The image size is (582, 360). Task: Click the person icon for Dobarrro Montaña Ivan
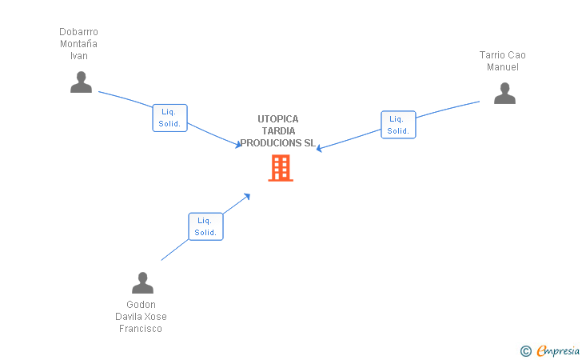pos(81,82)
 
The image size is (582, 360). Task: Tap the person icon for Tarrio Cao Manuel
pos(504,94)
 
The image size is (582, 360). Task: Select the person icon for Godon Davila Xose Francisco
pos(142,283)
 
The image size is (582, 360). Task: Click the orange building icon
pos(280,168)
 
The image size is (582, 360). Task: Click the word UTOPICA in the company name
pos(277,119)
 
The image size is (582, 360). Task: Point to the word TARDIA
pos(277,131)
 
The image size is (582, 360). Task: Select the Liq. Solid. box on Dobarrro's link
pos(169,118)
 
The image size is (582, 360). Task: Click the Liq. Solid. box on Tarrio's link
pos(398,125)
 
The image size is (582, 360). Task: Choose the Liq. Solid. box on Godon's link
pos(205,226)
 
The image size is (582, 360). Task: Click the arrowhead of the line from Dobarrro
pos(238,145)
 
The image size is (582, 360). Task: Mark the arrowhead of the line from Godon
pos(248,195)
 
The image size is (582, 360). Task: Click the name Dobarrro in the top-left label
pos(78,32)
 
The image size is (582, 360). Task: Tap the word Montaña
pos(78,44)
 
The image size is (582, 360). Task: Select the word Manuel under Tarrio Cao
pos(503,67)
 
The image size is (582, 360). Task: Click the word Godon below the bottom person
pos(142,305)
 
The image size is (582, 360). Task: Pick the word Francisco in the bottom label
pos(141,329)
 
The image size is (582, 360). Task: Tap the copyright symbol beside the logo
pos(525,350)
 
